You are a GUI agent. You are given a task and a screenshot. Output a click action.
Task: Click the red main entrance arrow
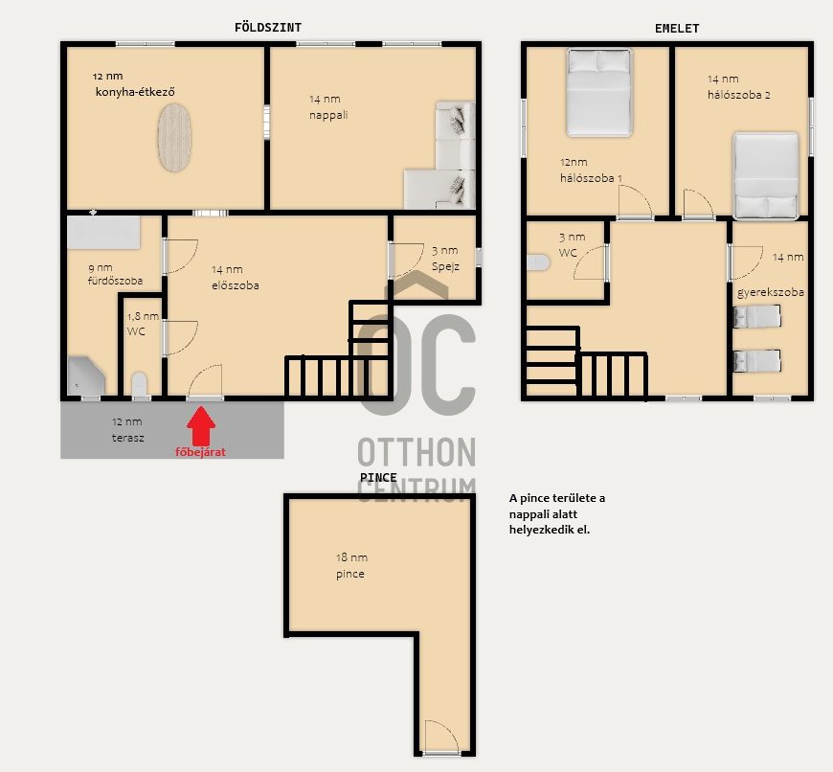tap(201, 425)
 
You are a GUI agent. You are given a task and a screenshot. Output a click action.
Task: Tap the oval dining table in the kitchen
tap(174, 138)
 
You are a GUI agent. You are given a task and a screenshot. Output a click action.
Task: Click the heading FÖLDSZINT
tap(268, 28)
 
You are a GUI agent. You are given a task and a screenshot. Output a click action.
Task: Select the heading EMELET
tap(677, 29)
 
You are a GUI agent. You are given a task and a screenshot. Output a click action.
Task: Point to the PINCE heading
tap(378, 478)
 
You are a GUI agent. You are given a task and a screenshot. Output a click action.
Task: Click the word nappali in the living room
tap(328, 115)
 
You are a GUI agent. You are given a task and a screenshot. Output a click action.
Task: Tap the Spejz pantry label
tap(445, 266)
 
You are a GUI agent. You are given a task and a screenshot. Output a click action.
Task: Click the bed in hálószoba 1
tap(599, 93)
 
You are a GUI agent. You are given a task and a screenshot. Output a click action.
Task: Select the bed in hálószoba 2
tap(766, 175)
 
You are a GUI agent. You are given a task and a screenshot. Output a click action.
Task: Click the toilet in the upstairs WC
tap(538, 262)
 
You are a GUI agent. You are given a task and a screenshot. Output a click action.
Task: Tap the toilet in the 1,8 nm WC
tap(139, 384)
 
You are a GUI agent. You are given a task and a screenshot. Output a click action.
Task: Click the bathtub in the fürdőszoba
tap(103, 232)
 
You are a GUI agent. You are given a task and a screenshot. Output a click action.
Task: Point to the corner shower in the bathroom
tap(86, 376)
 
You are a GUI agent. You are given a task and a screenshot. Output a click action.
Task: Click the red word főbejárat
tap(200, 452)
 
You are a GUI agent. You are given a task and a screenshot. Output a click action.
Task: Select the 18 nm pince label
tap(351, 565)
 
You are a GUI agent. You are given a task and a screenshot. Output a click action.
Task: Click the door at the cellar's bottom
tap(441, 737)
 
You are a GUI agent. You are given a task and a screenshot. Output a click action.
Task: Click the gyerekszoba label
tap(771, 292)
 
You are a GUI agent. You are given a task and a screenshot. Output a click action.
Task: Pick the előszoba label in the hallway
tap(236, 285)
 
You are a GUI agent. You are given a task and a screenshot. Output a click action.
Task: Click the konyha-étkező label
tap(135, 92)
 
